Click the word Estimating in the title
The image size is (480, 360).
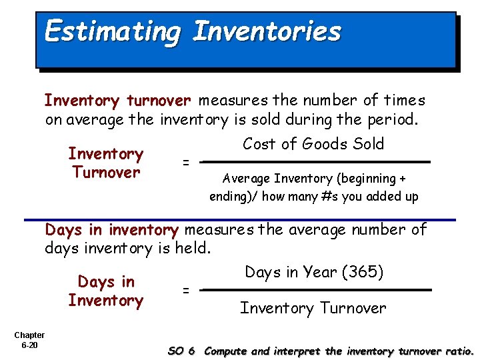point(111,32)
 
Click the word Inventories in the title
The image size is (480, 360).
point(267,31)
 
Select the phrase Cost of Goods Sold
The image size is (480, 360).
point(313,144)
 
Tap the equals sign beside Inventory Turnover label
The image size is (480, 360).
point(186,162)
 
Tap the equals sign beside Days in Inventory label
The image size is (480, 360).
point(186,290)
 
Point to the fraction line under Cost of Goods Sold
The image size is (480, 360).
point(316,161)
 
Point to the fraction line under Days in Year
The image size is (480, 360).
point(316,290)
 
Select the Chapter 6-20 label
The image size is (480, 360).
point(29,340)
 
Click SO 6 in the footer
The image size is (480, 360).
point(181,351)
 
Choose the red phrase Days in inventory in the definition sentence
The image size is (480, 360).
point(111,230)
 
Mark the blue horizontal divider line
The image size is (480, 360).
point(240,219)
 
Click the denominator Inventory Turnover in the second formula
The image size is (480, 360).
point(313,308)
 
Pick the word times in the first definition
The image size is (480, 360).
point(403,101)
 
